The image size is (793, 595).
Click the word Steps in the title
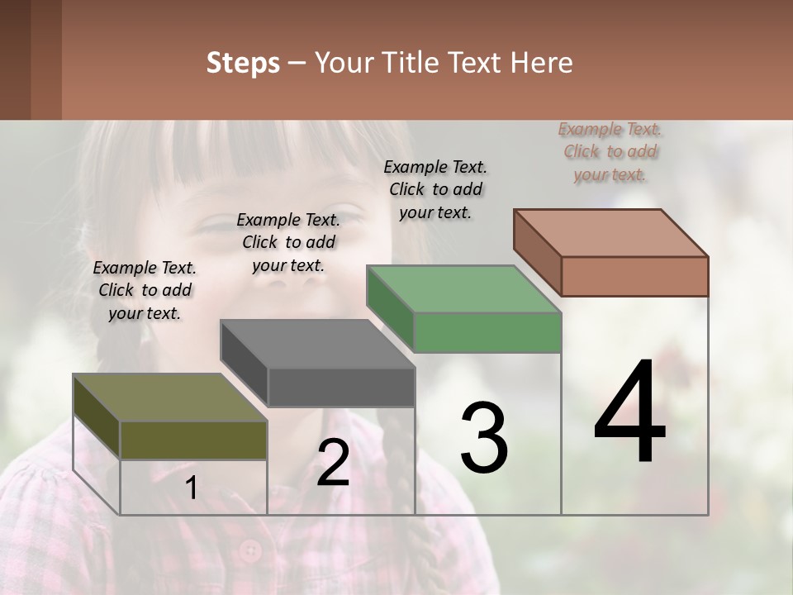[x=243, y=63]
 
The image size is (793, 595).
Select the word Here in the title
[x=540, y=63]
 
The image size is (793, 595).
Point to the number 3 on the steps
[x=483, y=438]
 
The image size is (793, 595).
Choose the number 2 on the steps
[x=333, y=463]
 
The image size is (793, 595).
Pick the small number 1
[x=191, y=488]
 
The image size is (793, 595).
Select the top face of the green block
[x=463, y=289]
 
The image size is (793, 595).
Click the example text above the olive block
[x=145, y=290]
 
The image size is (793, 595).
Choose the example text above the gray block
[x=288, y=242]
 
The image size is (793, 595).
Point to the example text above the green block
[x=435, y=189]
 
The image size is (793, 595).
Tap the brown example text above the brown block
[x=610, y=151]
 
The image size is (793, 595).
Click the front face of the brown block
[x=634, y=276]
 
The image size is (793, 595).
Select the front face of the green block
[x=487, y=332]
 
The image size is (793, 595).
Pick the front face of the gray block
[x=340, y=387]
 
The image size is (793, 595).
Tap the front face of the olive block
[x=193, y=440]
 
